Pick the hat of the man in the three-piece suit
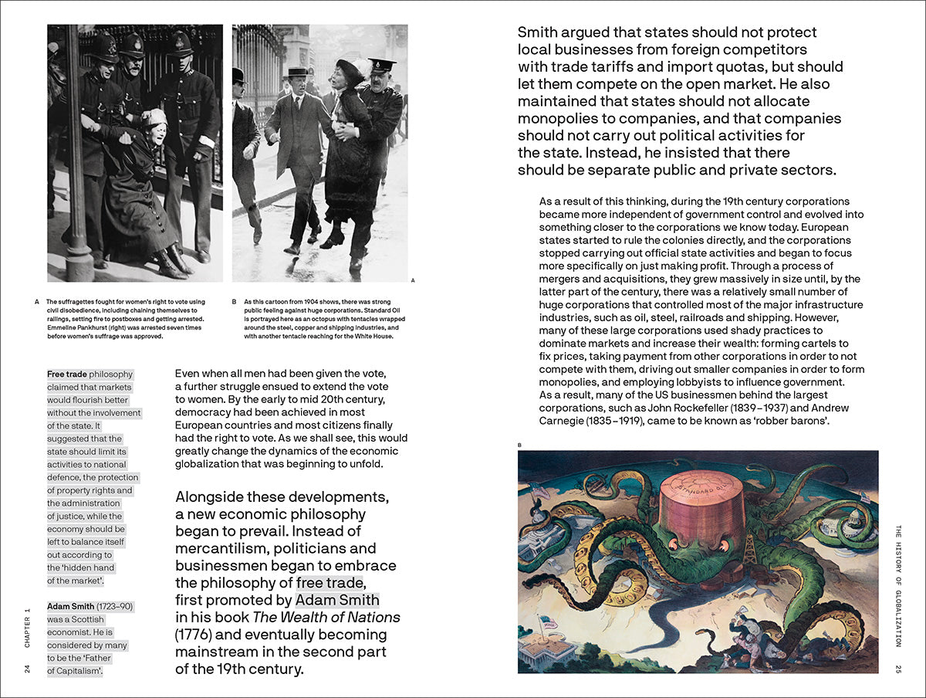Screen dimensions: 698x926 [297, 72]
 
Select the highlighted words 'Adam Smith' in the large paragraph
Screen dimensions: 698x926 [337, 600]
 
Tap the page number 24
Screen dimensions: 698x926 [27, 668]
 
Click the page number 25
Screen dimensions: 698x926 [898, 668]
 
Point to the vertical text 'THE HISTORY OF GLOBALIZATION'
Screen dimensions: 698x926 [898, 586]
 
